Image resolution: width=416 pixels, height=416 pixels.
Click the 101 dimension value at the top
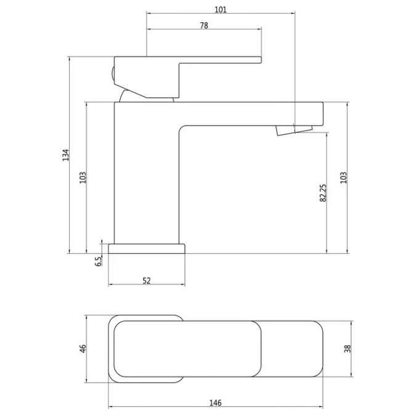221,9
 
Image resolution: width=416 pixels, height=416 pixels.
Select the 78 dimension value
204,25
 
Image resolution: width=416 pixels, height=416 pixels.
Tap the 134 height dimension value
65,155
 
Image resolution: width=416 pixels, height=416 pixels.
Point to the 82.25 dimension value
323,193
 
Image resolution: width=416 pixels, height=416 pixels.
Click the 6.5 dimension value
98,261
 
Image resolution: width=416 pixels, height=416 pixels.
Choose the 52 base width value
147,280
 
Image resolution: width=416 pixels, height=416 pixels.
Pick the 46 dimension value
83,349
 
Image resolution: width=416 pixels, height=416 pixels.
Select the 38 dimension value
348,349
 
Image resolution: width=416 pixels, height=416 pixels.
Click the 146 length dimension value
216,403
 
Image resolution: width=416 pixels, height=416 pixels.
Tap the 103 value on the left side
83,177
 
